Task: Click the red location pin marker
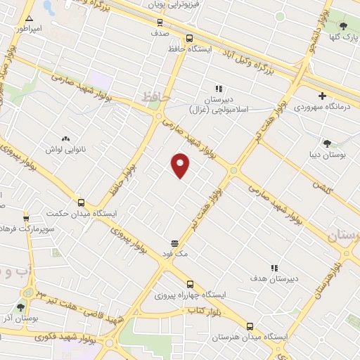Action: [x=181, y=164]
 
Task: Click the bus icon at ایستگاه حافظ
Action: [x=189, y=39]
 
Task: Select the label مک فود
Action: [x=174, y=254]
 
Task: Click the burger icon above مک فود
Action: [x=174, y=243]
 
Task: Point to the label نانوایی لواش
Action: [x=69, y=150]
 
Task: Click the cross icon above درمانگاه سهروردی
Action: [x=322, y=96]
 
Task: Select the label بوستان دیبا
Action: [x=324, y=152]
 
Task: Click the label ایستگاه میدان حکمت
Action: [x=80, y=213]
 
